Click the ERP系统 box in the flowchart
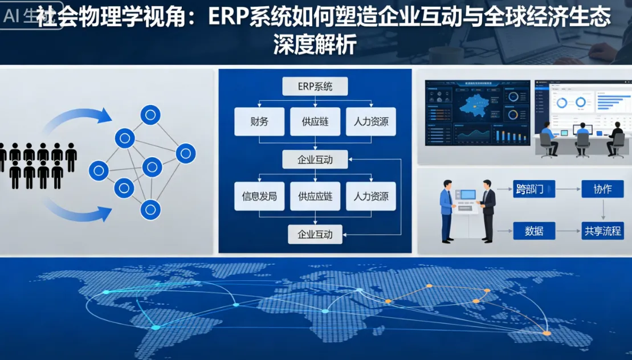(315, 87)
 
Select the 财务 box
(259, 121)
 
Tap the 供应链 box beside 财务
(315, 121)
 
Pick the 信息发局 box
(259, 197)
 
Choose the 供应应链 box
(315, 197)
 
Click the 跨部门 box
(534, 189)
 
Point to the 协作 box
(602, 189)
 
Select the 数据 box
(534, 231)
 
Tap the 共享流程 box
(602, 231)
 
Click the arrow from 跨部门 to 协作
(568, 189)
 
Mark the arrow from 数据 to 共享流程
(568, 231)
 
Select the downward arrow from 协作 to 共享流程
(602, 210)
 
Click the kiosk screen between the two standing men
(468, 194)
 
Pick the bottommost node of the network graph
(150, 210)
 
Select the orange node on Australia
(546, 333)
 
